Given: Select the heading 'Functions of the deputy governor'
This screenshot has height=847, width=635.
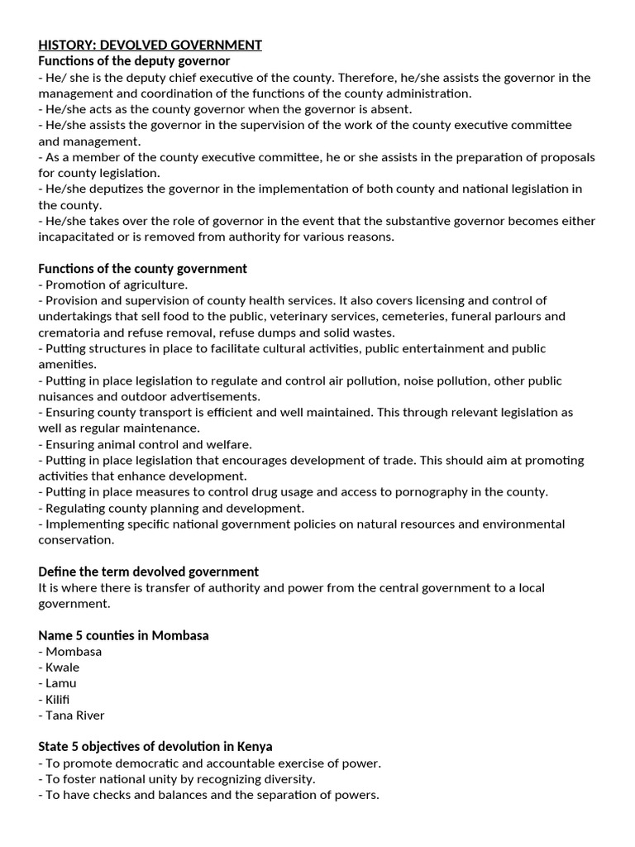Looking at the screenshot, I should pos(134,61).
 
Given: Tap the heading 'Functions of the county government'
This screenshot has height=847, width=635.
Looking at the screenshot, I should pos(142,269).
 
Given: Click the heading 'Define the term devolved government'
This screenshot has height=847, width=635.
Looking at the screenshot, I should pos(148,572).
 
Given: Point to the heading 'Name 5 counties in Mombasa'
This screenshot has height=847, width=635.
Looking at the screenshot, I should pos(123,635).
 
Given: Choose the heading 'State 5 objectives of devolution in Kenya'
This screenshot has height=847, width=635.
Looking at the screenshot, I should pos(155,747).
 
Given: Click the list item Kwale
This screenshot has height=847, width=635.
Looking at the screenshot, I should pos(63,668).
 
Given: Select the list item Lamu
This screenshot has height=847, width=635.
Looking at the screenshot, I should pos(61,683).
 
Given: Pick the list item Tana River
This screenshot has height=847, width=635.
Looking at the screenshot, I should pos(75,715).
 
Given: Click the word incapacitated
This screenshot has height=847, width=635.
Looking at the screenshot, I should pos(78,237).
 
